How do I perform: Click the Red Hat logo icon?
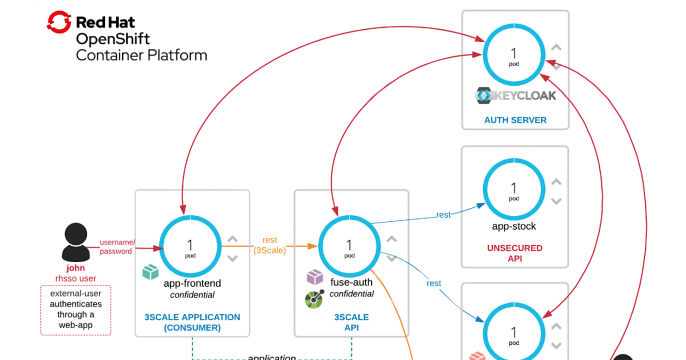point(60,22)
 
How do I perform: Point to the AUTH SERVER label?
point(514,119)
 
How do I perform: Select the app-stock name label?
point(514,228)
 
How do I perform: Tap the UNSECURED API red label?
point(514,250)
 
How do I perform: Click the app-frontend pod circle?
point(188,248)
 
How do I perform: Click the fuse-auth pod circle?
point(349,248)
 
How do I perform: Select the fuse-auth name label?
point(352,283)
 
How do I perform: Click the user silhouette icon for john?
point(75,241)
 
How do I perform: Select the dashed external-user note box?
point(75,309)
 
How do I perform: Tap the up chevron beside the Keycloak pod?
point(557,47)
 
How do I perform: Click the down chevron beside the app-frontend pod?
point(232,258)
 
